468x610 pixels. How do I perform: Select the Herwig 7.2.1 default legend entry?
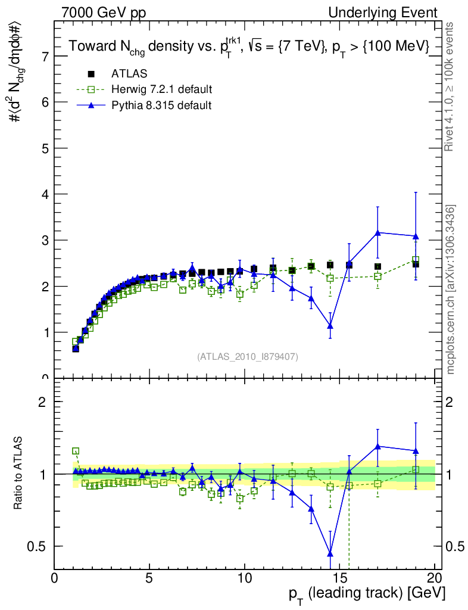[161, 89]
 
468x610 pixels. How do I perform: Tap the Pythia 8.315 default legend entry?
[161, 105]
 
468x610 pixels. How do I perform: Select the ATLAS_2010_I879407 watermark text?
[248, 356]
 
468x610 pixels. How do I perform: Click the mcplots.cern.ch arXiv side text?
[451, 290]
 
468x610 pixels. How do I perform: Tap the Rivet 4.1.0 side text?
[451, 86]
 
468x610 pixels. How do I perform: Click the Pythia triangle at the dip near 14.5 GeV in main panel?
[330, 326]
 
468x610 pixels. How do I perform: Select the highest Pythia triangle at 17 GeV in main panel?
[377, 232]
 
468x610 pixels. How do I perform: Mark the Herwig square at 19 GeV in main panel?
[416, 260]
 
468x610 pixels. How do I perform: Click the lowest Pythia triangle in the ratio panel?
[330, 554]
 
